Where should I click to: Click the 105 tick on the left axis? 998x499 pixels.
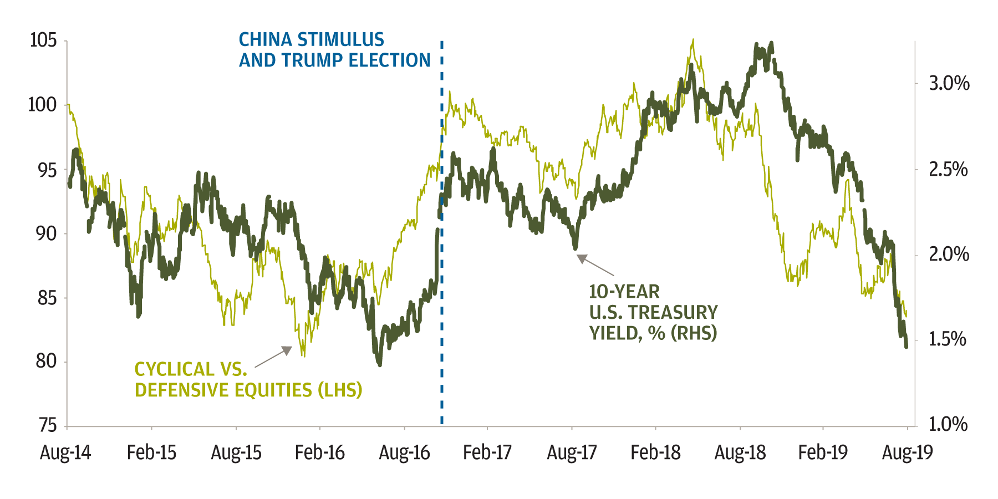point(43,40)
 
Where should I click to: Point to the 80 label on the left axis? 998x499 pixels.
point(47,361)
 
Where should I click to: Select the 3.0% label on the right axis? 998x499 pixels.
point(949,84)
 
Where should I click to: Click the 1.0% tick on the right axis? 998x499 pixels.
point(948,425)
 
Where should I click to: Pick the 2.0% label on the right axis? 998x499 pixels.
point(949,254)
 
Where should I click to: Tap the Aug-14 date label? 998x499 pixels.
point(65,453)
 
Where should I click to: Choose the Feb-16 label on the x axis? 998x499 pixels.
point(320,453)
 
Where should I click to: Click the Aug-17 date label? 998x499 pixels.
point(572,453)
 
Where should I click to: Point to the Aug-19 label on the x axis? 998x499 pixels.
point(908,453)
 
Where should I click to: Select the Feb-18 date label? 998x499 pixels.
point(655,453)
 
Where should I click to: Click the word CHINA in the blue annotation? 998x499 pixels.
point(265,40)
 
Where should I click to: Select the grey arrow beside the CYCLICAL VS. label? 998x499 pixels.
point(273,358)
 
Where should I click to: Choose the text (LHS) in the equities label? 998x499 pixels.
point(339,390)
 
